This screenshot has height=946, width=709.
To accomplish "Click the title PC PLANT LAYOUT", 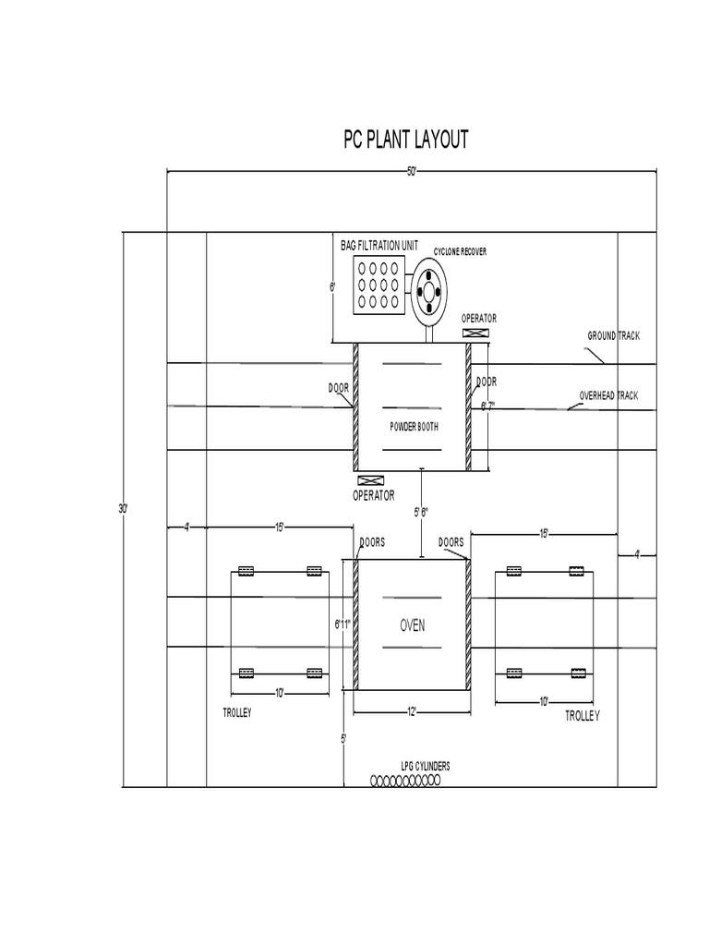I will pos(406,139).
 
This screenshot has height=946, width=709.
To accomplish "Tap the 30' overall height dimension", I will pos(123,509).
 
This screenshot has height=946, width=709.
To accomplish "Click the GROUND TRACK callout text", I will pos(613,335).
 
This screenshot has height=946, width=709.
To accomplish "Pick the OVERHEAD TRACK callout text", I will pos(607,395).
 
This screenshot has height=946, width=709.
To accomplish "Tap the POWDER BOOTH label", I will pos(413,427).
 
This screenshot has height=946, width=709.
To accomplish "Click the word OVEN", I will pos(412,625).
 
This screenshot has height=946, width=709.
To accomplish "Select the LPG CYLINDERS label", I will pos(425,767).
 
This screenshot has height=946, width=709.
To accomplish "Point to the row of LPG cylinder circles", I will pos(406,781).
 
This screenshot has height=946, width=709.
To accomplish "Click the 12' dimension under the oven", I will pos(411,710).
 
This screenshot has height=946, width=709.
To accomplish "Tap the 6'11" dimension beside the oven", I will pos(344,625).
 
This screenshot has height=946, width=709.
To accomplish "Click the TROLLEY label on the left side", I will pos(237,713).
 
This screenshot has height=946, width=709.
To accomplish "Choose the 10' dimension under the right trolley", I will pos(544,702).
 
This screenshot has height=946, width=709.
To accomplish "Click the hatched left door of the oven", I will pos(355,625).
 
